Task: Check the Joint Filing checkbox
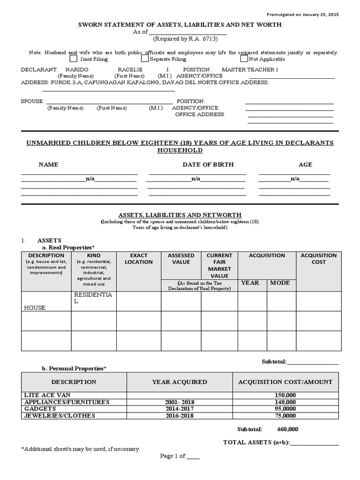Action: point(73,59)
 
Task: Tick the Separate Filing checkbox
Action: point(145,59)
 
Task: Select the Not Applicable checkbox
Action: point(244,59)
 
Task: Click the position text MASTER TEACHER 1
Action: point(250,69)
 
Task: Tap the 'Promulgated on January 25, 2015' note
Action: point(302,15)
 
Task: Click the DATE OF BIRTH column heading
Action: point(208,165)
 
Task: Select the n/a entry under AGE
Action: point(295,179)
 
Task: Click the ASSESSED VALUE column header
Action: point(181,259)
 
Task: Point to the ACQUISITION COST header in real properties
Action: point(318,259)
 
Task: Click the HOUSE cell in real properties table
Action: point(35,307)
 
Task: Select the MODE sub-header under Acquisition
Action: point(280,283)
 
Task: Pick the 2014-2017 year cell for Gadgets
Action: point(180,409)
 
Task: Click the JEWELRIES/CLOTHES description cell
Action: point(60,415)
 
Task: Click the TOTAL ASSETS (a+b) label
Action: point(256,442)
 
